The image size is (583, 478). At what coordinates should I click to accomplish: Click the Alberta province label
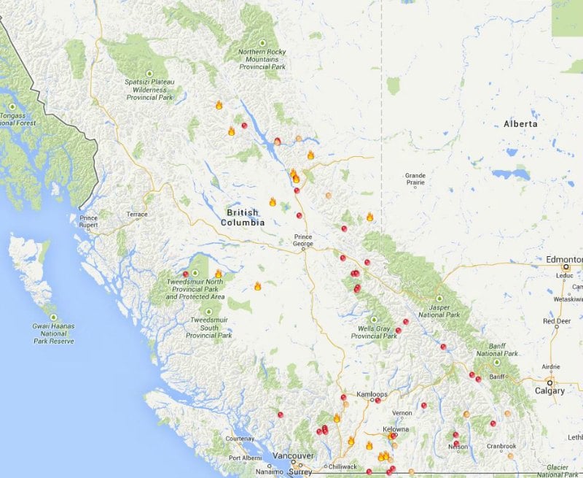(x=520, y=124)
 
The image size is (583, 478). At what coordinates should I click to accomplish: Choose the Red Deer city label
(x=557, y=321)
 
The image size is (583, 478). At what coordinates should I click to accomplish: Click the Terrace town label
(x=136, y=215)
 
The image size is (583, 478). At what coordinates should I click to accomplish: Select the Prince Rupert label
(x=89, y=221)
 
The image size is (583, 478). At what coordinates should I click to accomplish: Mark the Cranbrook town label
(x=501, y=446)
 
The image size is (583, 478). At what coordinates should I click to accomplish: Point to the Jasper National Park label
(x=439, y=312)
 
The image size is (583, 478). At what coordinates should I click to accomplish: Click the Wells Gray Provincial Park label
(x=374, y=332)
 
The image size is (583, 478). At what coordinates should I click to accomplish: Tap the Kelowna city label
(x=396, y=429)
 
